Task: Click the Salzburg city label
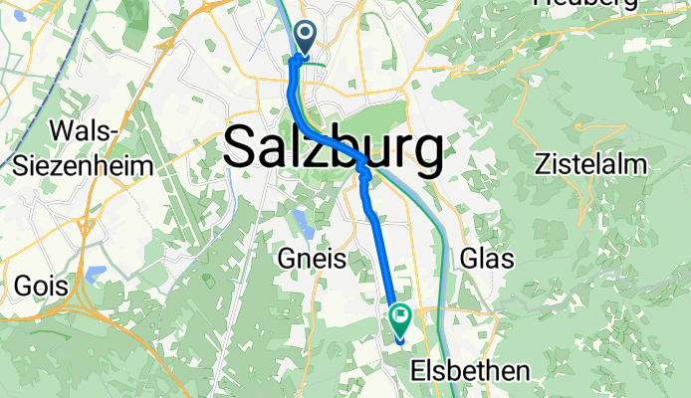pyautogui.click(x=334, y=149)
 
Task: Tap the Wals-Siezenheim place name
pyautogui.click(x=84, y=148)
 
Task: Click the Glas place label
pyautogui.click(x=487, y=261)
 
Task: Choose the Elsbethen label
pyautogui.click(x=470, y=372)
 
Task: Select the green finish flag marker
pyautogui.click(x=400, y=320)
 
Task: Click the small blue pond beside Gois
pyautogui.click(x=96, y=273)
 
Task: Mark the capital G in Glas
pyautogui.click(x=470, y=261)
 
